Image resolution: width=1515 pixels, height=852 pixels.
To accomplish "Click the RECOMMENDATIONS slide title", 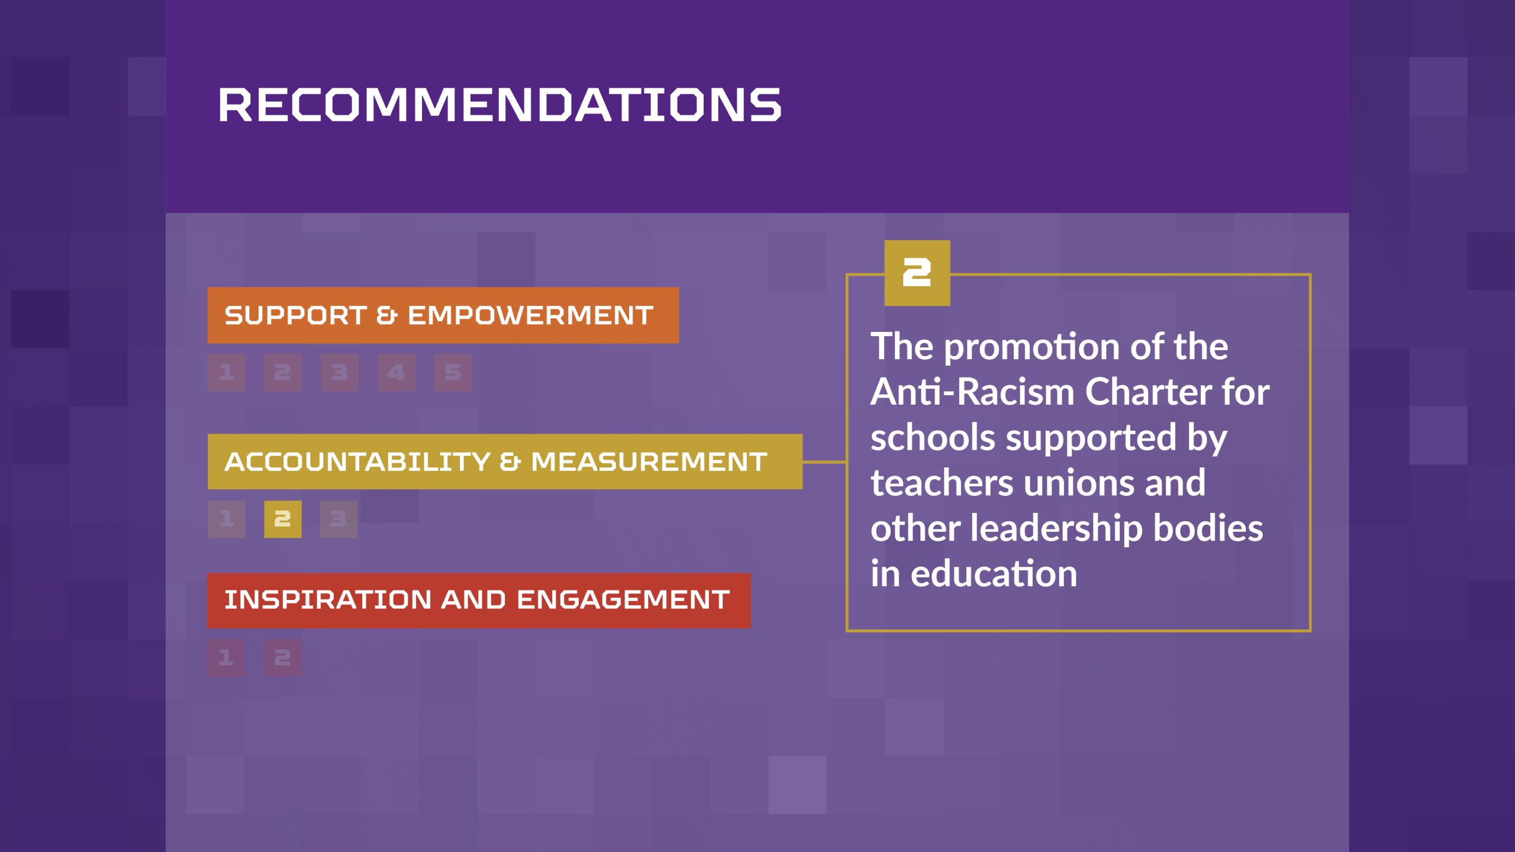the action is pos(500,105).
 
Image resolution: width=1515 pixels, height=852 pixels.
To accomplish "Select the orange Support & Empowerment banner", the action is pos(443,315).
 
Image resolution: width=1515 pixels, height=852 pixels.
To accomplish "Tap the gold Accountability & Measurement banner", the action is pos(505,461).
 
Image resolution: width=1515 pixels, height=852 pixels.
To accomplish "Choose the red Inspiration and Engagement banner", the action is pos(479,600).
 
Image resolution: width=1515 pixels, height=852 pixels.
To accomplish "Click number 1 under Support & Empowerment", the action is pos(226,372).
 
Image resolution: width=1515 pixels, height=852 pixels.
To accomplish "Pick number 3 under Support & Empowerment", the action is pos(340,372).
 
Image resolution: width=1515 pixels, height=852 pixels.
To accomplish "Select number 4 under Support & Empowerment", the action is pos(397,372).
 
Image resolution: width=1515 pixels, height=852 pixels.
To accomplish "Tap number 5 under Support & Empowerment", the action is pos(453,372).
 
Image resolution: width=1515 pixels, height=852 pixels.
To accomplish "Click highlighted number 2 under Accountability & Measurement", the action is pos(283,519).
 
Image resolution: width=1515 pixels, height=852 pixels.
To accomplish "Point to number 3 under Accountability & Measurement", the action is pos(339,519).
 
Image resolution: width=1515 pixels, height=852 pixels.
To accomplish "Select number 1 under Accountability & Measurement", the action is pos(226,519).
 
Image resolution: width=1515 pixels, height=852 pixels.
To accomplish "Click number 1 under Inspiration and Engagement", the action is pos(225,657).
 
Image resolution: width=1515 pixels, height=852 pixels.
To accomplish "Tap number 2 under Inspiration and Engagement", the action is pos(282,657).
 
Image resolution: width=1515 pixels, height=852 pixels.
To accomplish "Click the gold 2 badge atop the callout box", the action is pos(917,273).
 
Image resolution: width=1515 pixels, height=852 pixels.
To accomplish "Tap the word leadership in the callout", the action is pos(1056,528).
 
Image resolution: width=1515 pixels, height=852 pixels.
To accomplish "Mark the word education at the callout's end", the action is pos(994,574).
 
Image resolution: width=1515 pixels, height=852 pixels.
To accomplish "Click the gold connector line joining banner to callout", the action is pos(825,461).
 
